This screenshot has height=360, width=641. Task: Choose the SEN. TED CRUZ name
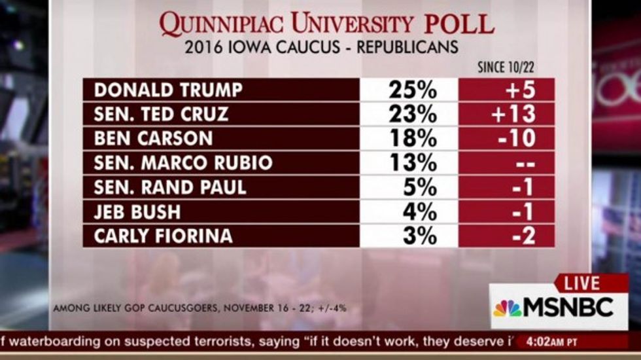[162, 114]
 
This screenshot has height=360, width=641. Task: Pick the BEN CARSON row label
[154, 138]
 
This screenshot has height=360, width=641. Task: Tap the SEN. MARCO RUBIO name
[183, 162]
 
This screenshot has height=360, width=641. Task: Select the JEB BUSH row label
[137, 212]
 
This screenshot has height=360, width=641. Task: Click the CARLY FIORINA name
[164, 236]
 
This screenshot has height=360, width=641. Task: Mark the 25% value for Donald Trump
[412, 90]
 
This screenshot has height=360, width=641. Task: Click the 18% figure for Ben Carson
[412, 138]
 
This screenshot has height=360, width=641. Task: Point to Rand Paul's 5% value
[419, 187]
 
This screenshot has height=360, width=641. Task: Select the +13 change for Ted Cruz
[513, 114]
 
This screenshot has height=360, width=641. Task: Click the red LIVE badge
[581, 283]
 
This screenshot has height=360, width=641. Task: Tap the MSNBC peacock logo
[508, 308]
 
